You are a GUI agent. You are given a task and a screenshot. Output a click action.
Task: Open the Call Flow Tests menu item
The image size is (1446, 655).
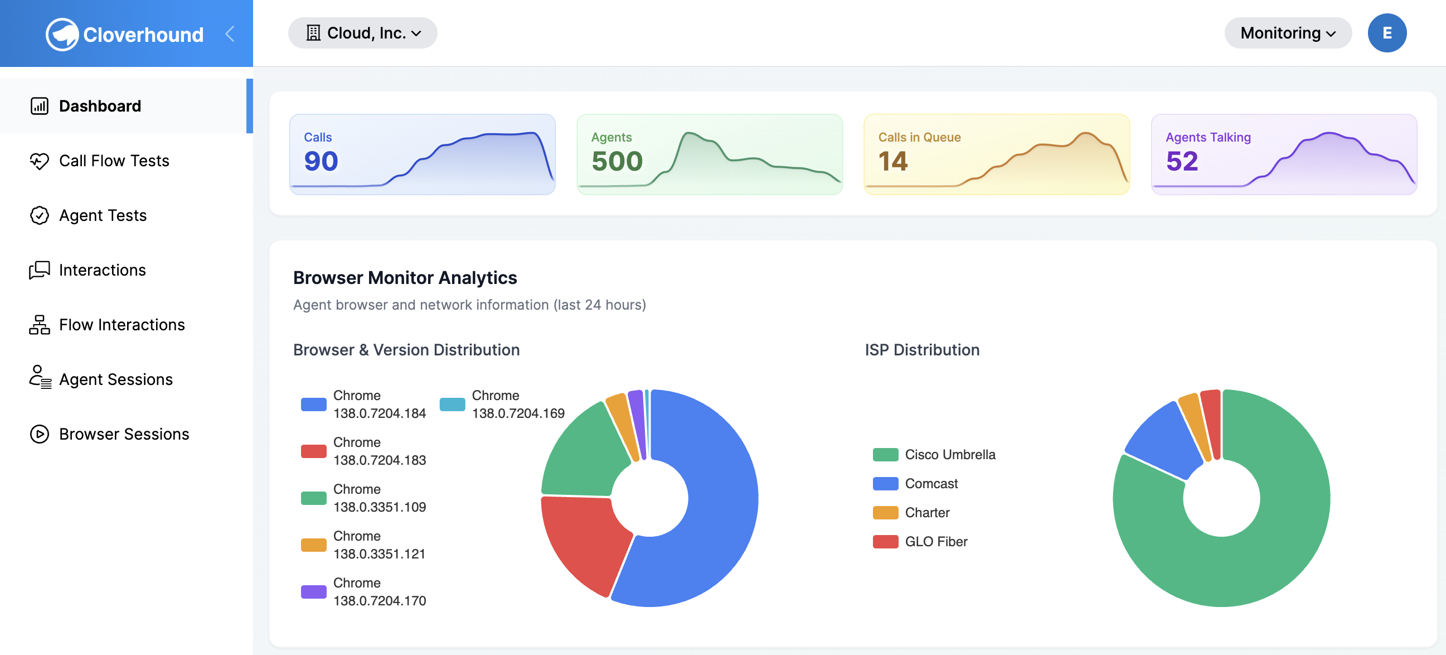113,161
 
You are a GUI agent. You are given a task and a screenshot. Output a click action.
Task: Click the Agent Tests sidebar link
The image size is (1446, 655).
102,216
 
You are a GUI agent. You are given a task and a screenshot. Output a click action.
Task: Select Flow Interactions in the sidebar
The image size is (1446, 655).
122,325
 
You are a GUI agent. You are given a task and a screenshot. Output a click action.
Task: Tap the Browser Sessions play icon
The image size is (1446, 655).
39,434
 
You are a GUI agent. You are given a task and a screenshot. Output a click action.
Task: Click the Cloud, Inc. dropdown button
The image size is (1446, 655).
362,33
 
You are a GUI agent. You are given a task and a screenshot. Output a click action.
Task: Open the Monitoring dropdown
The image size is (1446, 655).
1287,33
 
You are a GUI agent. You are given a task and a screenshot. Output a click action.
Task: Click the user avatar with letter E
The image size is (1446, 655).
1386,33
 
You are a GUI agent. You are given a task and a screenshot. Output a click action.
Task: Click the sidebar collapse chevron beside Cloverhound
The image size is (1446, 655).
230,34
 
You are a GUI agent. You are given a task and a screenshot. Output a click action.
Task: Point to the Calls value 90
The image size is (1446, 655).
321,162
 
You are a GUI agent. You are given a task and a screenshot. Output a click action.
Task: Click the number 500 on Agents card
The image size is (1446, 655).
617,162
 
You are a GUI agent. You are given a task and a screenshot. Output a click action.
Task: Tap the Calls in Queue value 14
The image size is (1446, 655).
892,162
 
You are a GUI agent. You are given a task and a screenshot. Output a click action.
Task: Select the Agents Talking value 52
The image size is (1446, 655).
1182,162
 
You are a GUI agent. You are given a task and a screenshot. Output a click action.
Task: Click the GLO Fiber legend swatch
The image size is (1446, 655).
885,542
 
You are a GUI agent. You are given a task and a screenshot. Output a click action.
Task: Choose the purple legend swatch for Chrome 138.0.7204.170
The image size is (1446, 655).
313,592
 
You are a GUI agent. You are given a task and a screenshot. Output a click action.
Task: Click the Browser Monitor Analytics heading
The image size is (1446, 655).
405,278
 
